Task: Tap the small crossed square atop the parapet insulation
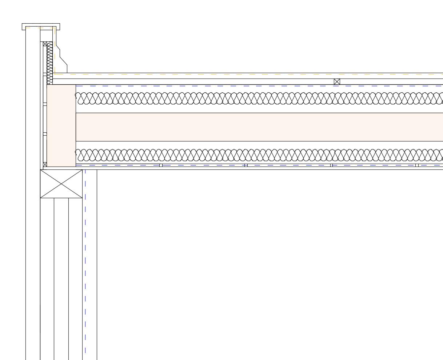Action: [45, 44]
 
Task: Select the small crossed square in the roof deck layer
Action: [337, 82]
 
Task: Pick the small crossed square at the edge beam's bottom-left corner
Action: [45, 164]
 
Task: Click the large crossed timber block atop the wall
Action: [61, 184]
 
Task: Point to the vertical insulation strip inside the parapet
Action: [49, 62]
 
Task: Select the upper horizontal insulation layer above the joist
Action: [255, 98]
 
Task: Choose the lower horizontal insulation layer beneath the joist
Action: [255, 155]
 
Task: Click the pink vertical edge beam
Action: [61, 125]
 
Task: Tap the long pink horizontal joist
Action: [255, 127]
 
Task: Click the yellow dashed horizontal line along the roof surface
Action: [255, 74]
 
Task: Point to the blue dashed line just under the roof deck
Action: [255, 86]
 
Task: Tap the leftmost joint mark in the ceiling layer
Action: [161, 165]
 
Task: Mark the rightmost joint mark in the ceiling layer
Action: [417, 165]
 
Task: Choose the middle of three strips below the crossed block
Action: [61, 276]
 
